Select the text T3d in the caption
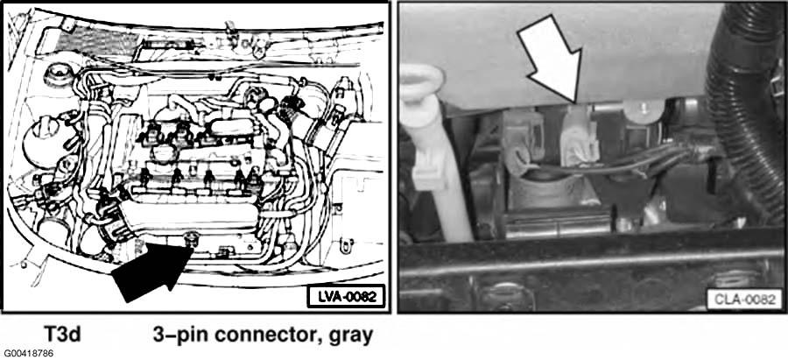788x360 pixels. click(x=64, y=334)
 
